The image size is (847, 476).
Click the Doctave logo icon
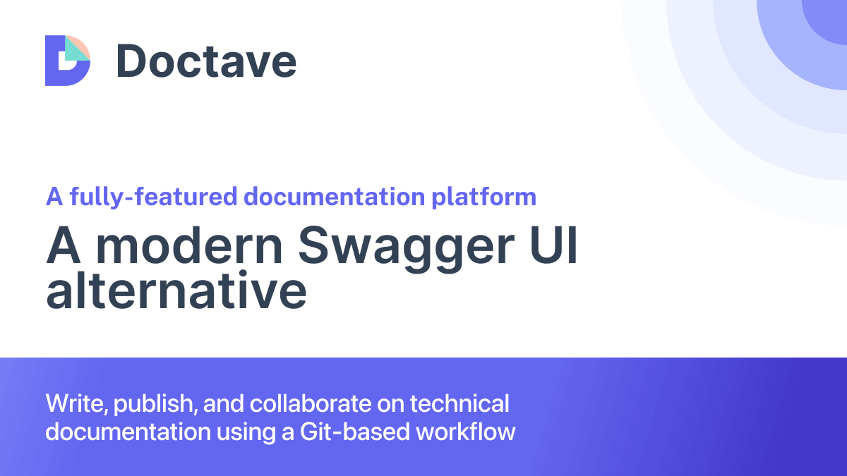point(68,61)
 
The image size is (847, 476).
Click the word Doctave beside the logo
point(206,61)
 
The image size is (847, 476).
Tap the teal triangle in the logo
point(75,50)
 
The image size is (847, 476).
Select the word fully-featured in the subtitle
point(154,197)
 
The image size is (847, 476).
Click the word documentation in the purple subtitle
point(335,197)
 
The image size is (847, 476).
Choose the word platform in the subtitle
point(484,197)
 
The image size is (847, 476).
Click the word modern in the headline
point(189,245)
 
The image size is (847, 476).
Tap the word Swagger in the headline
point(407,248)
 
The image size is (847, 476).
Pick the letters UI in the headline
point(553,245)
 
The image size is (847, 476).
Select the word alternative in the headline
point(176,290)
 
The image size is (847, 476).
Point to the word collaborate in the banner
point(311,403)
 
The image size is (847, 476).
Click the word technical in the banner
point(459,403)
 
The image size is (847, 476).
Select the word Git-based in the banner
point(354,432)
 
